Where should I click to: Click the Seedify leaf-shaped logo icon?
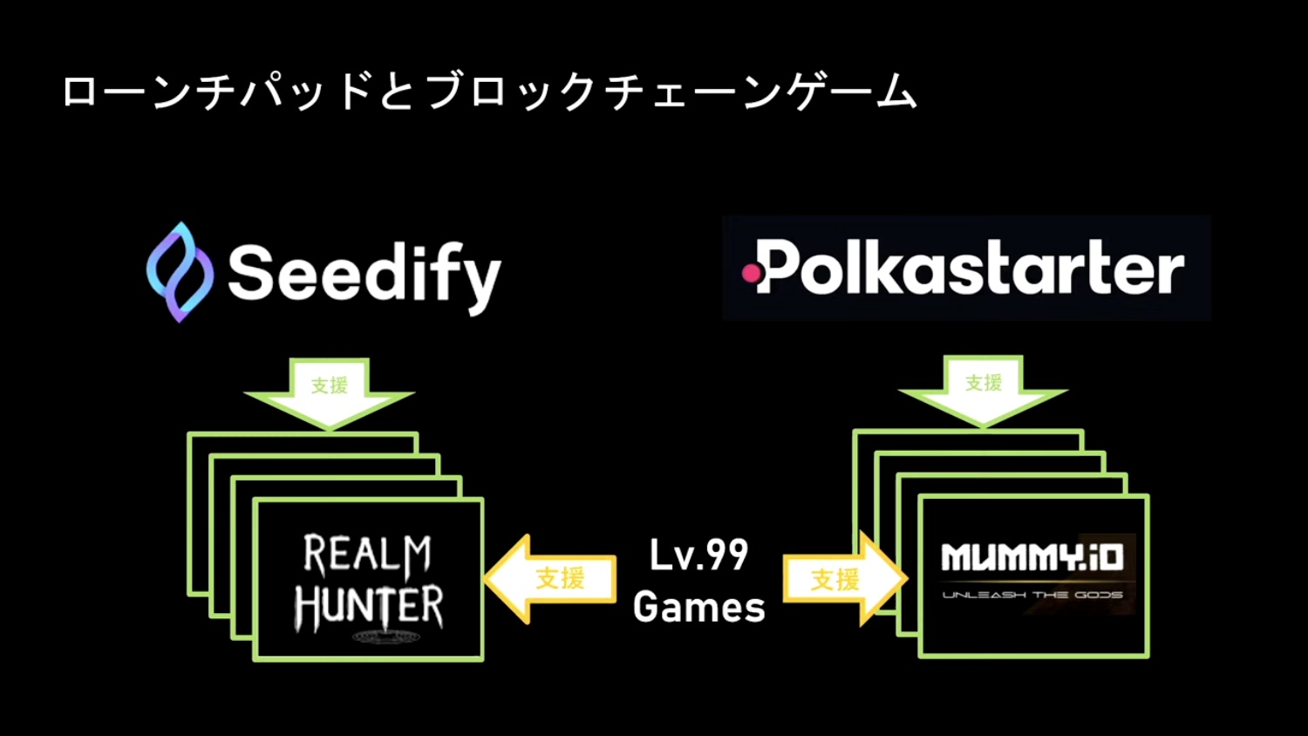pos(180,272)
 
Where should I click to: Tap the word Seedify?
pos(364,275)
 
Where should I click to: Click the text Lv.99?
pos(698,555)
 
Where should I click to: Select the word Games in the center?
pos(698,607)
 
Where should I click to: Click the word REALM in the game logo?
pos(367,555)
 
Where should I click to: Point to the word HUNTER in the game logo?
pos(369,608)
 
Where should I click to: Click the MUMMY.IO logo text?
pos(1032,557)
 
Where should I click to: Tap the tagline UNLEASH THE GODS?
pos(1032,595)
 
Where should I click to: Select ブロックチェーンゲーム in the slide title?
pos(671,92)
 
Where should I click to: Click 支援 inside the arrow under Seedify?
pos(330,385)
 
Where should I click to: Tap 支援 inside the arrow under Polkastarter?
pos(984,383)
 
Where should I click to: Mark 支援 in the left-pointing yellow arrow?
pos(560,578)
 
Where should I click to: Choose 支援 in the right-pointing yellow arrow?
pos(835,579)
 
